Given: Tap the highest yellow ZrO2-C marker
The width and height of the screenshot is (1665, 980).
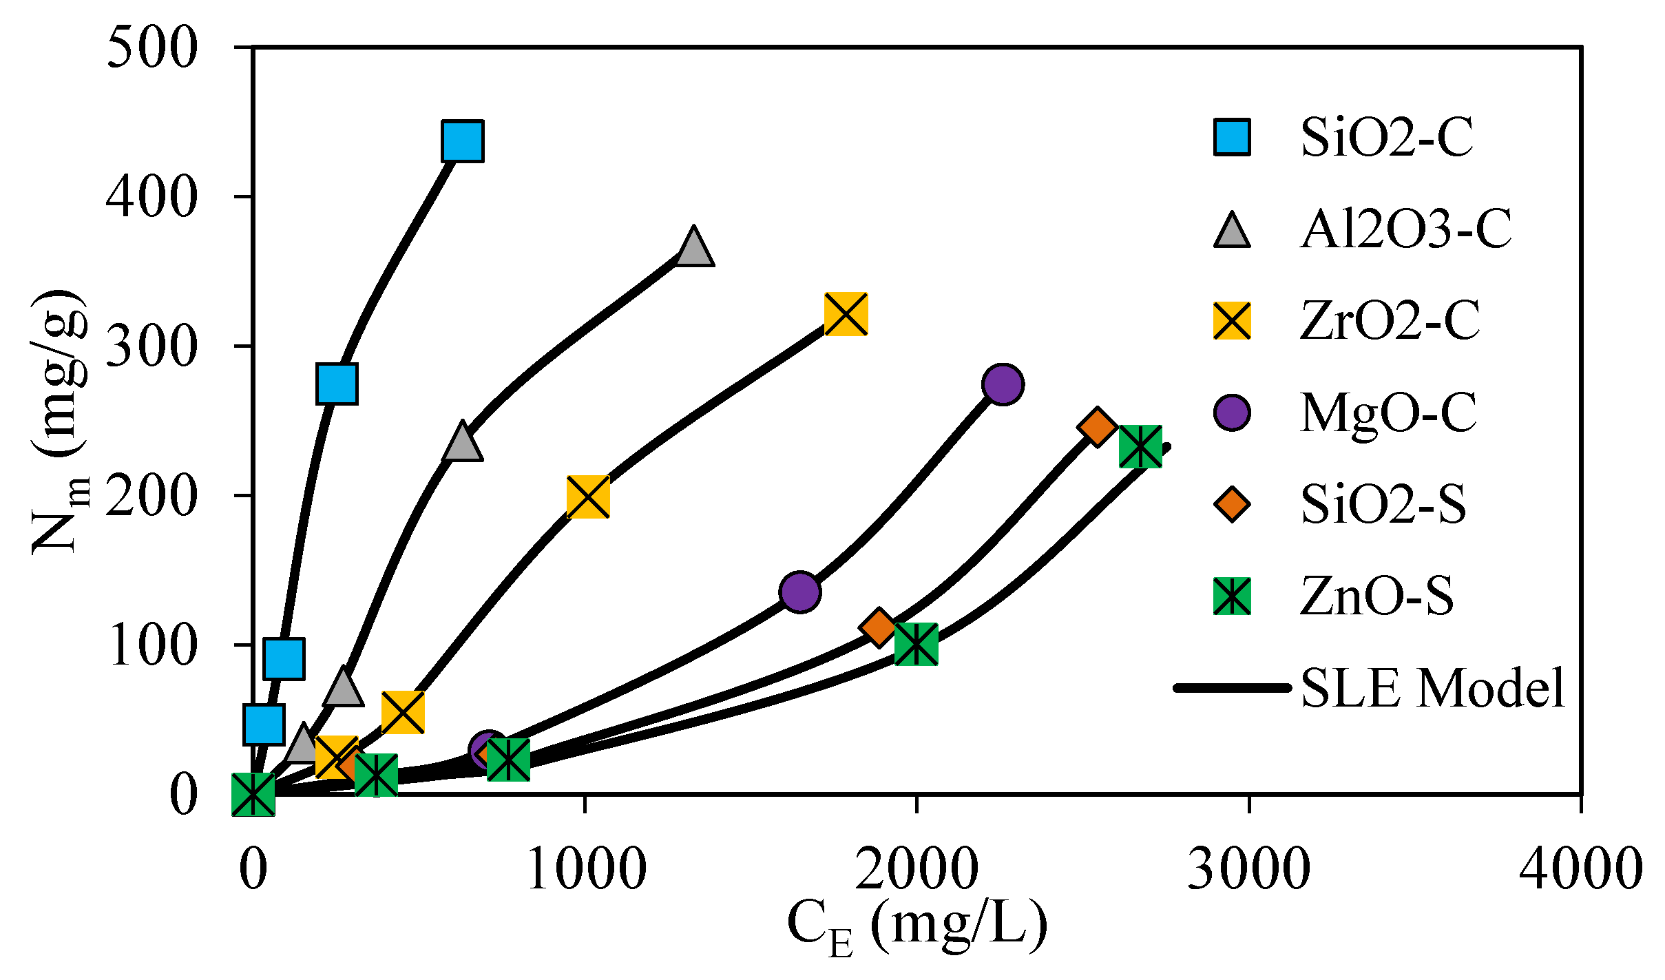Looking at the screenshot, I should click(x=846, y=314).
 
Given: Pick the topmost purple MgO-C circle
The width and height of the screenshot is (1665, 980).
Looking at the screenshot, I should click(x=1003, y=384).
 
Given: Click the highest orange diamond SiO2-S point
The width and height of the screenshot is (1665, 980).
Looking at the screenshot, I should click(x=1097, y=427).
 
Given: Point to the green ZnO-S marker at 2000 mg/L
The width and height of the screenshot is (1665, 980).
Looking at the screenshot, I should click(x=916, y=644).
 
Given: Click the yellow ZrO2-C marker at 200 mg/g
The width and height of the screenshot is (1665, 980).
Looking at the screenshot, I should click(x=587, y=496).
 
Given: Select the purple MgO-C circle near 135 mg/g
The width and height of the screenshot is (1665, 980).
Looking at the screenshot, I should click(x=799, y=591).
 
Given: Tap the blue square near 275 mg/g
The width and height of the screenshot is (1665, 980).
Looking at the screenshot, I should click(x=337, y=384).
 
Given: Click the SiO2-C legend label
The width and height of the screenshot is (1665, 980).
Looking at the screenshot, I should click(x=1386, y=138).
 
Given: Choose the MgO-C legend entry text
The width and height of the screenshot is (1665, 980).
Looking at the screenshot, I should click(x=1387, y=413).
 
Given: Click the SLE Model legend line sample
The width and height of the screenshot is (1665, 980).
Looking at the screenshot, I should click(x=1232, y=687).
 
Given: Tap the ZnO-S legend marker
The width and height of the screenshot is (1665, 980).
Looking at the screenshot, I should click(x=1232, y=596).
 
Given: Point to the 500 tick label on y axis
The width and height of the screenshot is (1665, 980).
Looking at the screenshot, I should click(x=152, y=48).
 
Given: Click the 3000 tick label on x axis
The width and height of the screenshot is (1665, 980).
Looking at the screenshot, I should click(x=1248, y=869).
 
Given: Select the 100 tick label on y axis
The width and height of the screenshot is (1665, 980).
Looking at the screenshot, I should click(x=152, y=645).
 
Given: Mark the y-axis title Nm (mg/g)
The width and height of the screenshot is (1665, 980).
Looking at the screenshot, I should click(x=61, y=421).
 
